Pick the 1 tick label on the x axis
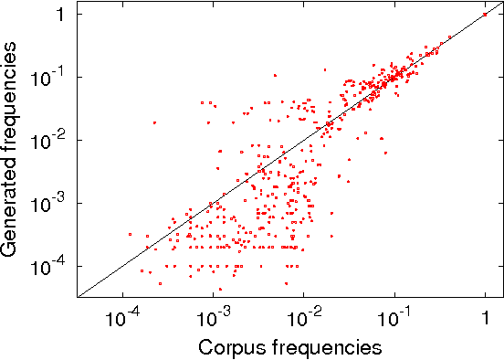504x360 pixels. tap(485, 319)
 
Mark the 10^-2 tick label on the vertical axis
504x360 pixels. tap(50, 140)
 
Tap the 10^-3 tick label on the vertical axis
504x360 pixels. tap(50, 203)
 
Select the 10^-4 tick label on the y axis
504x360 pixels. tap(50, 266)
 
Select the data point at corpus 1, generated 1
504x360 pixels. tap(485, 14)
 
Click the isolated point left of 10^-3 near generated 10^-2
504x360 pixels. tap(154, 122)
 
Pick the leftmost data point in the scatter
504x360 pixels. tap(130, 234)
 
